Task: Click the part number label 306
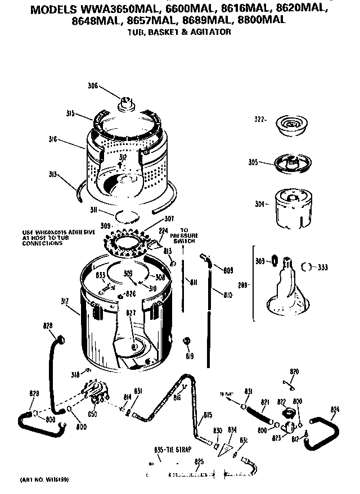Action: coord(92,86)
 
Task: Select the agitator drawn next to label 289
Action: coord(289,287)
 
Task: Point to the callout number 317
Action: coord(65,302)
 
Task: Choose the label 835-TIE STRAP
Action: coord(172,450)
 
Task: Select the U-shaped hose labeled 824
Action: coord(322,432)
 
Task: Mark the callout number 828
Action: coord(48,326)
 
